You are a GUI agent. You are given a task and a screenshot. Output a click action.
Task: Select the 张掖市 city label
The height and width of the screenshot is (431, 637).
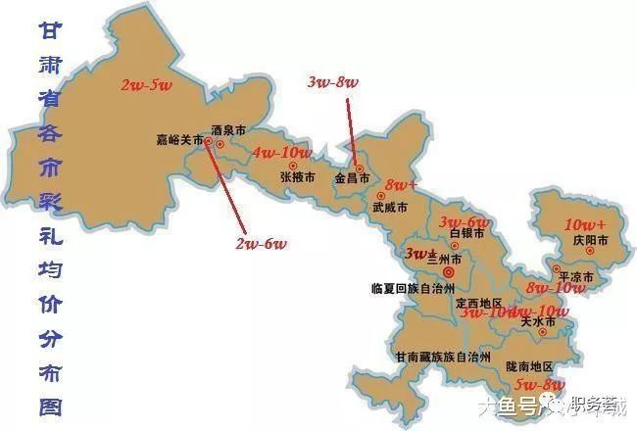pyautogui.click(x=297, y=177)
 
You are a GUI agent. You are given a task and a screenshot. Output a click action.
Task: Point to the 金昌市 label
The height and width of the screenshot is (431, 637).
pyautogui.click(x=352, y=179)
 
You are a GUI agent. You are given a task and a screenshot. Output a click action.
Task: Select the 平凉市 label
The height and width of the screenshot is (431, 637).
pyautogui.click(x=576, y=276)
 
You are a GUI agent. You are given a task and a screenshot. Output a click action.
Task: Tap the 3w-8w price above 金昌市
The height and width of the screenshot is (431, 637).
pyautogui.click(x=332, y=82)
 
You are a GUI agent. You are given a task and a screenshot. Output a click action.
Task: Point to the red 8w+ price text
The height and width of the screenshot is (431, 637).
pyautogui.click(x=401, y=185)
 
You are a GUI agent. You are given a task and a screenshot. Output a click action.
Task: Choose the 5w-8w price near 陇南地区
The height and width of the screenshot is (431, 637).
pyautogui.click(x=540, y=385)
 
